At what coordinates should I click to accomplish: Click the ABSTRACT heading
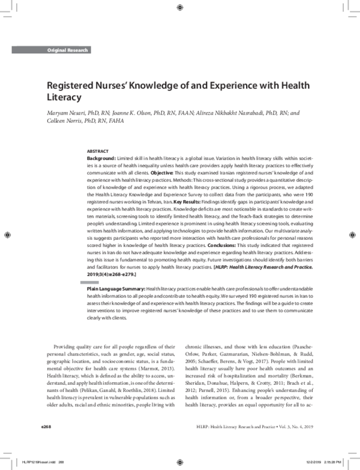[x=98, y=151]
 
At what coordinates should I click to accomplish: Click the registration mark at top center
[x=180, y=7]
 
